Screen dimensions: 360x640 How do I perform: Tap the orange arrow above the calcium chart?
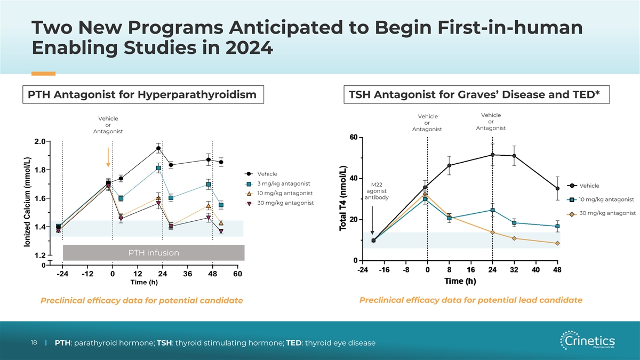108,157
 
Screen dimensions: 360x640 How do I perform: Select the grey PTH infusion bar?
154,253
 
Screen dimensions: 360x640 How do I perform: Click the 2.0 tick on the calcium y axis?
39,141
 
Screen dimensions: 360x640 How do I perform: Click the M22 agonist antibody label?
375,191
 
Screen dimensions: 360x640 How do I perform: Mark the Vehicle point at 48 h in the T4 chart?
557,188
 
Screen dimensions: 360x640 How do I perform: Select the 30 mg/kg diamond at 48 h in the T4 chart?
557,243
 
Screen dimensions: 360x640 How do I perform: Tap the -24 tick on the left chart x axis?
62,274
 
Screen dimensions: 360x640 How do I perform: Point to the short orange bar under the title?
43,74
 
